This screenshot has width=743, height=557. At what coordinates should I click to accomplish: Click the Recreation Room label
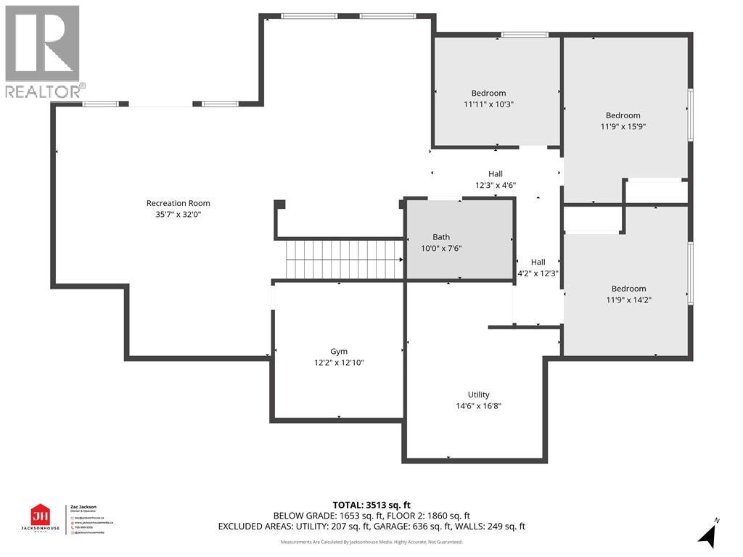pos(178,203)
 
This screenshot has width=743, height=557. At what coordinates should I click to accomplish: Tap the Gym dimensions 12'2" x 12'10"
pos(338,362)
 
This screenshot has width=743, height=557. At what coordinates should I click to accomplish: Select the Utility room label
pos(478,395)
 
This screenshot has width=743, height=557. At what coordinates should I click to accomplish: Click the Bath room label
pos(441,237)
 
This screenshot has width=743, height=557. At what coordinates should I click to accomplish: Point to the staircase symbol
pos(344,259)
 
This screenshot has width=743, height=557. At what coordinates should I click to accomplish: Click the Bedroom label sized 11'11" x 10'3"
pos(488,93)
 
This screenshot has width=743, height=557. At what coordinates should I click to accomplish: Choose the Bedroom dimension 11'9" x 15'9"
pos(623,126)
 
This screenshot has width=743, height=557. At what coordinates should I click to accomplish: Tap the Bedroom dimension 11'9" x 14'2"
pos(628,300)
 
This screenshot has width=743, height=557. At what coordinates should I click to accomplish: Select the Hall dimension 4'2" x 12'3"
pos(538,273)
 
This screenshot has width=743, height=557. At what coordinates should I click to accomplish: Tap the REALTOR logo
pos(44,51)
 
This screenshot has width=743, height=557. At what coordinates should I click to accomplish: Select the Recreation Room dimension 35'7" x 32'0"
pos(178,214)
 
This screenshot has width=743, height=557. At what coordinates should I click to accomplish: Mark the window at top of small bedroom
pos(525,34)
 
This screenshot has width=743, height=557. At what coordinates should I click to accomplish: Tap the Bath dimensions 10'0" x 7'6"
pos(441,248)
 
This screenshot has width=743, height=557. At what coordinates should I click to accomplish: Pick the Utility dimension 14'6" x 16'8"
pos(478,406)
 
